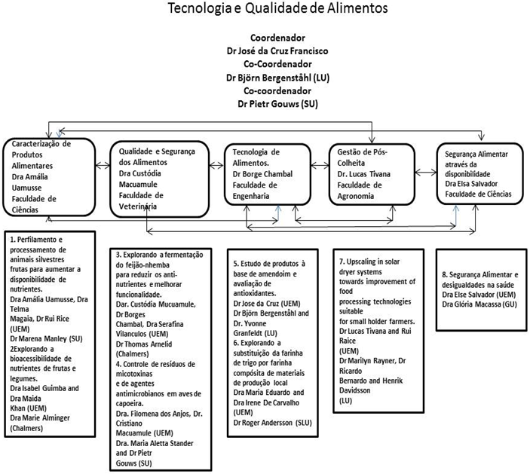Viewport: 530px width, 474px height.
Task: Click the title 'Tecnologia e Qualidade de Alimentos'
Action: (x=277, y=8)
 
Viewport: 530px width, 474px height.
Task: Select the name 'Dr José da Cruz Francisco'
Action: (x=277, y=51)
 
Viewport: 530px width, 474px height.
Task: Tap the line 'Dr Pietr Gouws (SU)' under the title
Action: (x=278, y=104)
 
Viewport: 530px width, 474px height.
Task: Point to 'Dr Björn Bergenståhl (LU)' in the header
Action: (x=278, y=78)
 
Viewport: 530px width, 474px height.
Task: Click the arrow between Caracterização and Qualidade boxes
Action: (x=103, y=166)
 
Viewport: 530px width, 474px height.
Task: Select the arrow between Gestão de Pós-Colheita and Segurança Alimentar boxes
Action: (x=426, y=173)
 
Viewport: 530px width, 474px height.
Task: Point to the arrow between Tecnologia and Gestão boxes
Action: (x=320, y=165)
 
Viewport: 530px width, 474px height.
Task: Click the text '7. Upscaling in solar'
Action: (x=369, y=261)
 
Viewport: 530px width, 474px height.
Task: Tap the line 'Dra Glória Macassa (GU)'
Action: (x=479, y=304)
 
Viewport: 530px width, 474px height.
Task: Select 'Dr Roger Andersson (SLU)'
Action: (x=272, y=423)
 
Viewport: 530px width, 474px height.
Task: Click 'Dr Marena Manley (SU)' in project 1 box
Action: (x=46, y=339)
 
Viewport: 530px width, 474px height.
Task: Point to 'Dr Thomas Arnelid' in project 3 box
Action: (x=144, y=344)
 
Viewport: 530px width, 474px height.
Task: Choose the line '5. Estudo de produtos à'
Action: (x=269, y=264)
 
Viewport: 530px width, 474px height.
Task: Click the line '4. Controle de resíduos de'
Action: (x=155, y=364)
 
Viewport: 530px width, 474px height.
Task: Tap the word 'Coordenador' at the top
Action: (x=278, y=38)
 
